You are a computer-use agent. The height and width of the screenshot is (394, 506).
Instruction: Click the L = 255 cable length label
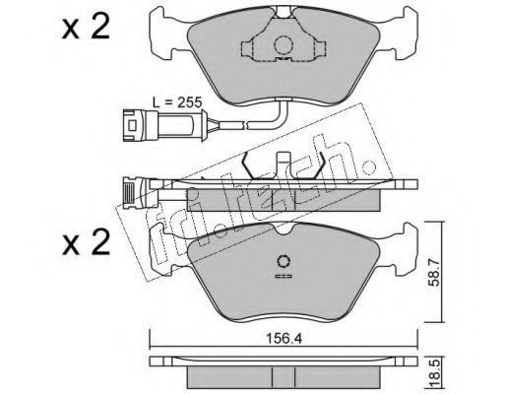click(x=177, y=102)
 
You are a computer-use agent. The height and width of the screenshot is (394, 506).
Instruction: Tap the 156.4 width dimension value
click(x=284, y=339)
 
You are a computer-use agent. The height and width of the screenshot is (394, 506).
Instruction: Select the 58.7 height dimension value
click(x=434, y=273)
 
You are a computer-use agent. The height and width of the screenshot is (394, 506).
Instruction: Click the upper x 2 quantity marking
click(x=86, y=29)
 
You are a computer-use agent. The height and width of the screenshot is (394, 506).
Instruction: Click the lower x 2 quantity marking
click(x=86, y=243)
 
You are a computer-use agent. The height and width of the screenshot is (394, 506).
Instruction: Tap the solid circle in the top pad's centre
click(x=284, y=45)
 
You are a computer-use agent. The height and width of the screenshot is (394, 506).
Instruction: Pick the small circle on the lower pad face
click(x=283, y=261)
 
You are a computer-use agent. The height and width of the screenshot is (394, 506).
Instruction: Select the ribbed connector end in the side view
click(x=130, y=193)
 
